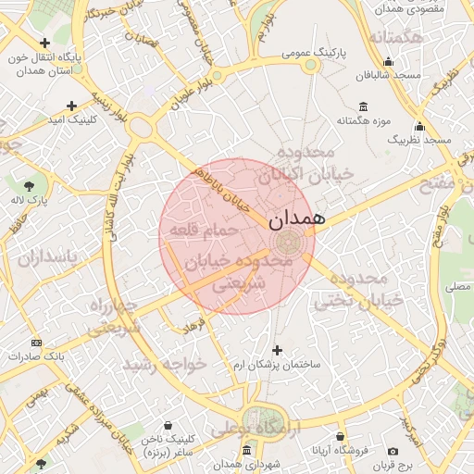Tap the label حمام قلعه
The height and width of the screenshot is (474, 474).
point(211,228)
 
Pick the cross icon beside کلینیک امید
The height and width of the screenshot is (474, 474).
point(71,106)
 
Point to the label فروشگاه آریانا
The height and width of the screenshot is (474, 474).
point(340,450)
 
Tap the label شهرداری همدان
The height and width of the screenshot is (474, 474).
point(245,463)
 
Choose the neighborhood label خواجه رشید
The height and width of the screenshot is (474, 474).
point(167,365)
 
